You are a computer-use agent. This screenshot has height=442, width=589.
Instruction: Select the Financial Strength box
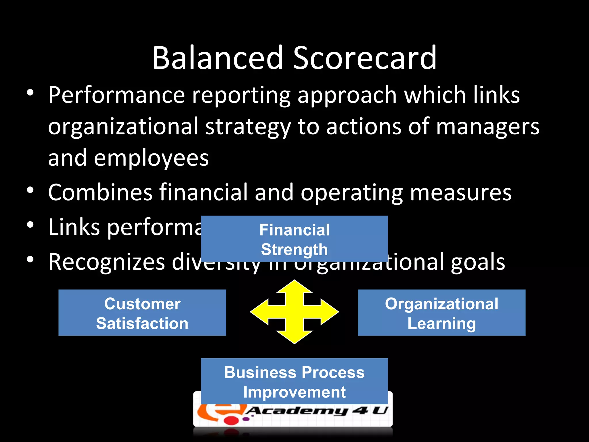point(294,239)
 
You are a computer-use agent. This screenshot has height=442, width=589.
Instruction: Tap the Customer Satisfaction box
point(142,313)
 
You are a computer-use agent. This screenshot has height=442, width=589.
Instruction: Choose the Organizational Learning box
point(441,313)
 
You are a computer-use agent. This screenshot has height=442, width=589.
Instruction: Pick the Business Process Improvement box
point(294,382)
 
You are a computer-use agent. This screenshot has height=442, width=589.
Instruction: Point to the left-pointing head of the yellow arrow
point(259,312)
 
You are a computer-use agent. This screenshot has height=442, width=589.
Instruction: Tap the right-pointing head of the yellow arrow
point(330,312)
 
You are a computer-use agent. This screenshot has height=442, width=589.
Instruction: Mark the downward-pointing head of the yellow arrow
point(294,337)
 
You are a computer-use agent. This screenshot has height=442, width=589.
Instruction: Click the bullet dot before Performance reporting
point(30,93)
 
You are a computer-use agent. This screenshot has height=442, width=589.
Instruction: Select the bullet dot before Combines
point(30,190)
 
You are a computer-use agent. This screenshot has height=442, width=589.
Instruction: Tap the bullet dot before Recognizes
point(30,260)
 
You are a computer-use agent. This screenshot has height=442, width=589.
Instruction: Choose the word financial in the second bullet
point(204,192)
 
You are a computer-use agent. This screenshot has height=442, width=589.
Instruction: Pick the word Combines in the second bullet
point(100,192)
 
